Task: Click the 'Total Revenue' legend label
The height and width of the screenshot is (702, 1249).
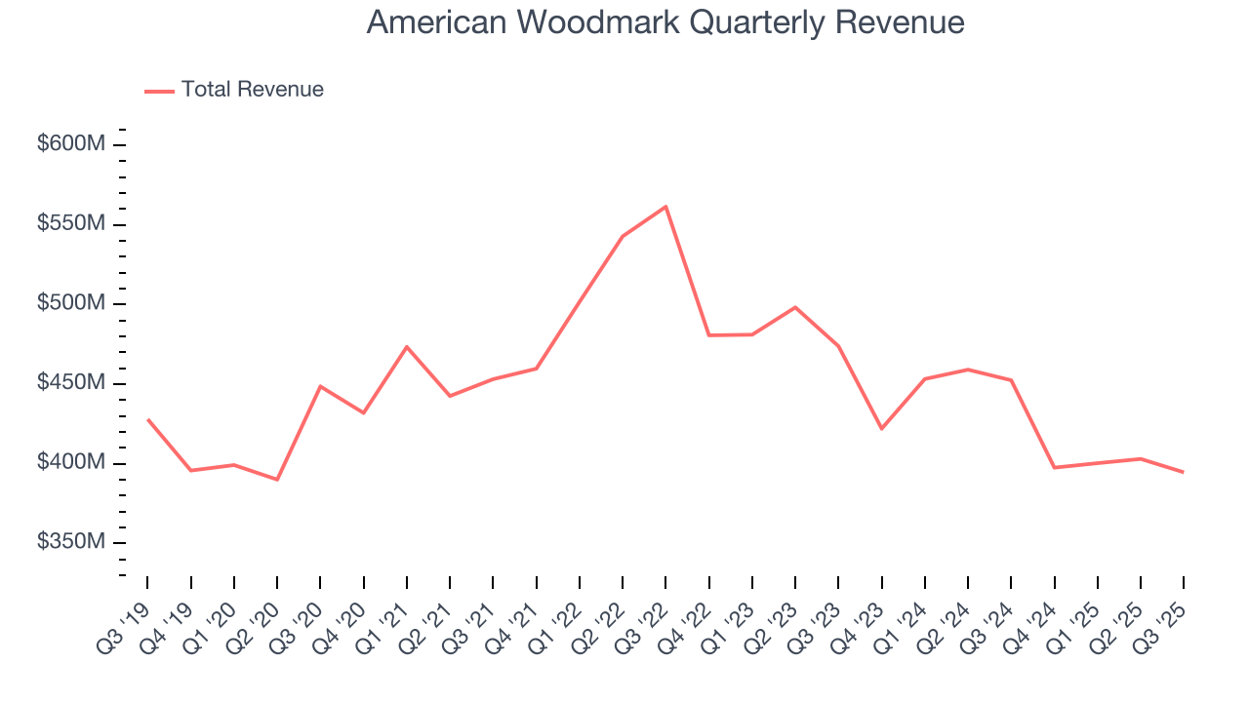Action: [x=252, y=90]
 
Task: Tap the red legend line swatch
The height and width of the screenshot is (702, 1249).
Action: [x=159, y=91]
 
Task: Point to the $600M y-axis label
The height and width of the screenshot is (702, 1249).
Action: [x=70, y=144]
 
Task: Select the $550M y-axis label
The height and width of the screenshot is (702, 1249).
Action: [x=70, y=224]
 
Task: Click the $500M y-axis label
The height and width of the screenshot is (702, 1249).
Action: [x=70, y=303]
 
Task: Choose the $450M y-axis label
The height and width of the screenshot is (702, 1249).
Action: [x=70, y=383]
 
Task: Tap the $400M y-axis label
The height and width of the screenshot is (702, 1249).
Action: [x=70, y=462]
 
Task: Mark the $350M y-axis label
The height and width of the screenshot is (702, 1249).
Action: [x=70, y=542]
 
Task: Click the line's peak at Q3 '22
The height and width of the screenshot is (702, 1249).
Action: [x=665, y=206]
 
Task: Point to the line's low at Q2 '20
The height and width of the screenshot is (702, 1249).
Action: [x=277, y=480]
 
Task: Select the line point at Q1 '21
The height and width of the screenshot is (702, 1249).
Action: [x=407, y=346]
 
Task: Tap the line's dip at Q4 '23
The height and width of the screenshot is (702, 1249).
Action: [x=881, y=429]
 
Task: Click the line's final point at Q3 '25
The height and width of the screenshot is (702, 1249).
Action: [x=1184, y=472]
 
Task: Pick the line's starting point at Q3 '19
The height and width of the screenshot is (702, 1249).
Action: [x=147, y=419]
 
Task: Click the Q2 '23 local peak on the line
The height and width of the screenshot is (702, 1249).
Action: [x=795, y=307]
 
